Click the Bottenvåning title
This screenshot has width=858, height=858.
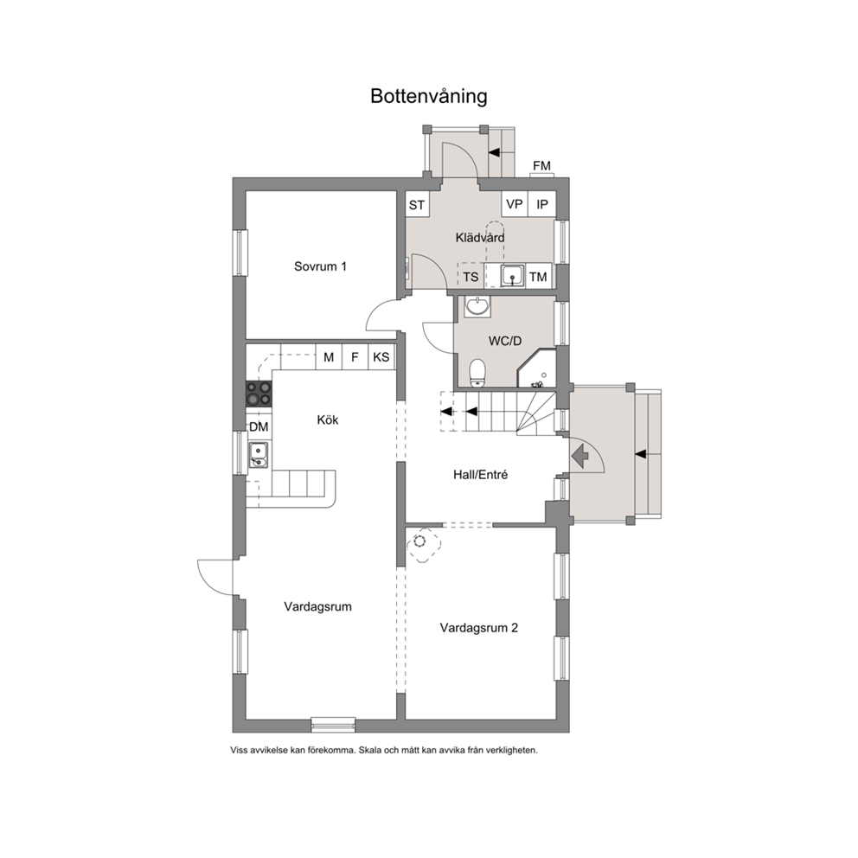(x=428, y=96)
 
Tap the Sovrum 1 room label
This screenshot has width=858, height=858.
(x=320, y=266)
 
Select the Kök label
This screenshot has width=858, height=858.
(x=328, y=419)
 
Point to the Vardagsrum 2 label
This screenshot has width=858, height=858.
(x=479, y=628)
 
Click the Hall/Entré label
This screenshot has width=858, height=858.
(x=480, y=475)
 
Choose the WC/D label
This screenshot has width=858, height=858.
(x=505, y=341)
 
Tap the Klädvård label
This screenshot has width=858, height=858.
(x=480, y=238)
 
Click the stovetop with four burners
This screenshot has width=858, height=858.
(x=259, y=394)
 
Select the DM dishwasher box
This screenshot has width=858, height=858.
(x=259, y=426)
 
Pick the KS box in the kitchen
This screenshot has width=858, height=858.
(x=381, y=357)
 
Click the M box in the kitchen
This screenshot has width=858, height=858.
(x=329, y=357)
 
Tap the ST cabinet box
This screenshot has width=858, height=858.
(x=417, y=205)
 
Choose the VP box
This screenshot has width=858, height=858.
(x=515, y=204)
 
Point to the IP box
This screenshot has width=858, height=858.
(x=542, y=204)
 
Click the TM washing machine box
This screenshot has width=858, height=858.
(x=539, y=277)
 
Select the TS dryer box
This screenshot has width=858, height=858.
(x=471, y=277)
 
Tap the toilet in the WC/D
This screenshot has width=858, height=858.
(x=477, y=373)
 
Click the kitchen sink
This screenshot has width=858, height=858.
(x=258, y=455)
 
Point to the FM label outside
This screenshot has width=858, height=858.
(x=541, y=165)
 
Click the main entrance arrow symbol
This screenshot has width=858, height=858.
(x=579, y=455)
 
